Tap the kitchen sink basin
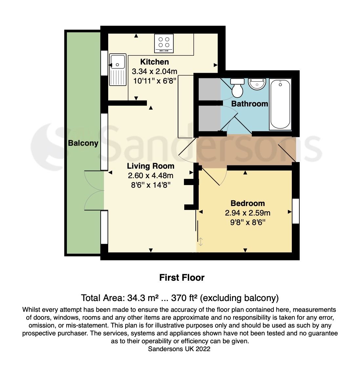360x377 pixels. click(x=118, y=61)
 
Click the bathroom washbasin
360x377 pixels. click(x=257, y=84)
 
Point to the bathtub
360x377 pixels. click(x=280, y=104)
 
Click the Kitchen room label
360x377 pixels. click(x=154, y=62)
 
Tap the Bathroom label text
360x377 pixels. click(x=250, y=104)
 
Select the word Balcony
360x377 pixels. click(x=83, y=143)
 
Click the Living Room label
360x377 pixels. click(x=150, y=166)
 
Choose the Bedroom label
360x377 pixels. click(x=248, y=203)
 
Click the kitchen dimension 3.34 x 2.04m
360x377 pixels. click(x=154, y=71)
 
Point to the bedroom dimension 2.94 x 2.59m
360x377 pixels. click(x=248, y=213)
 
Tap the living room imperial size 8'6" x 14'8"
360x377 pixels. click(x=150, y=185)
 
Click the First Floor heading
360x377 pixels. click(x=182, y=278)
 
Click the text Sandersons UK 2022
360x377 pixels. click(x=179, y=349)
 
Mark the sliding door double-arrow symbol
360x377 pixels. click(x=201, y=242)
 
